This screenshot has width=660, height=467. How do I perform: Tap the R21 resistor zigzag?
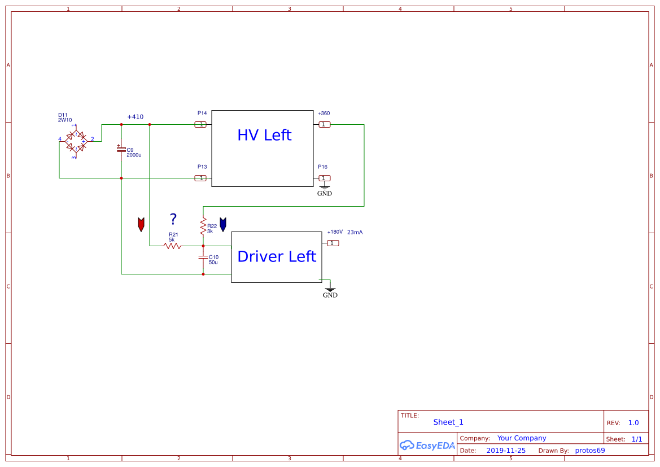(x=172, y=246)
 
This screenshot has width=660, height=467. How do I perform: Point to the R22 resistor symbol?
(x=203, y=226)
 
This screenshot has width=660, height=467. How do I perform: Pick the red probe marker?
(x=141, y=224)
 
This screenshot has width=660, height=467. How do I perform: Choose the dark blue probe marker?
(x=223, y=224)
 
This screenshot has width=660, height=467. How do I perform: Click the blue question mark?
(x=173, y=219)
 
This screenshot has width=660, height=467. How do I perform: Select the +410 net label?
(x=135, y=117)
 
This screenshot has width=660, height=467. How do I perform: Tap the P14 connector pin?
(x=200, y=124)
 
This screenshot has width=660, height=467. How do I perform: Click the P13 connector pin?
(x=200, y=178)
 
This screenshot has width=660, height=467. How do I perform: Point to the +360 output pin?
(x=325, y=124)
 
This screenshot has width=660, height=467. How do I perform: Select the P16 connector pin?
(x=325, y=178)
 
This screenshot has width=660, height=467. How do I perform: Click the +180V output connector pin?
(x=333, y=243)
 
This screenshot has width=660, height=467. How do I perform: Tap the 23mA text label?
(x=355, y=232)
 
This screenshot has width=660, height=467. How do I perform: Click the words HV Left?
(x=264, y=136)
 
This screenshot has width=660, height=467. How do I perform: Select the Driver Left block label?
(x=277, y=256)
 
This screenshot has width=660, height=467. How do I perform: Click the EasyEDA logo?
(x=427, y=445)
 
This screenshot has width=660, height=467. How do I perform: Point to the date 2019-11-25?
(x=505, y=451)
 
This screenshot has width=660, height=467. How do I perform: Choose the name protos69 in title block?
(x=590, y=451)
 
